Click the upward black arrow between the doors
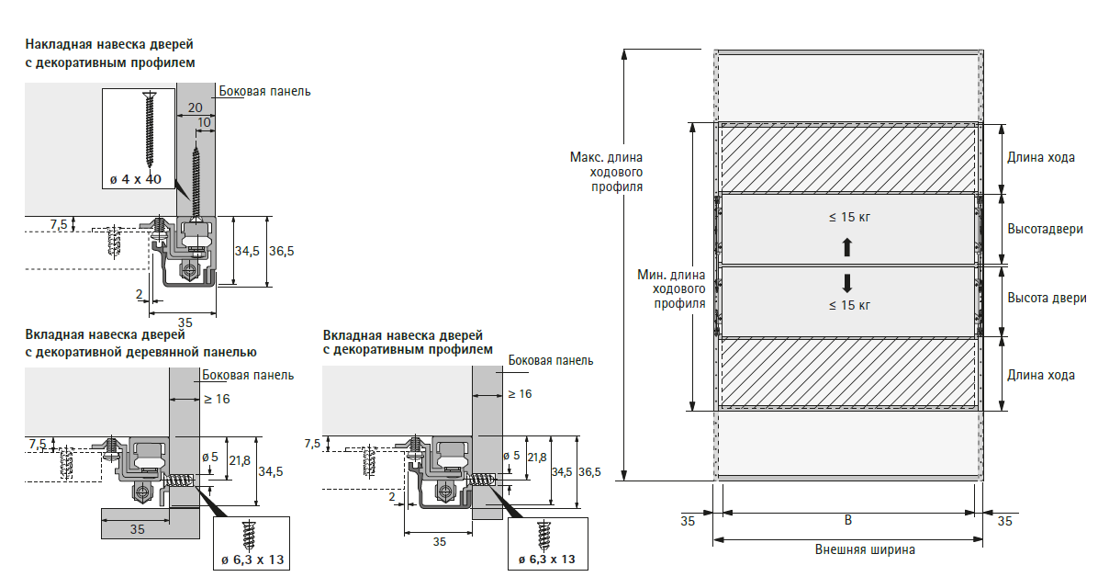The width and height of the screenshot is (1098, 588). click(x=847, y=247)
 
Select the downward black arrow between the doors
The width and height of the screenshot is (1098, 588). click(x=847, y=282)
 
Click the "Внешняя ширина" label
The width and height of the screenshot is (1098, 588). click(x=865, y=550)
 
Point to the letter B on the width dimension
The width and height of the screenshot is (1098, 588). click(x=848, y=520)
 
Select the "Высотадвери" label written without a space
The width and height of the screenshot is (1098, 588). click(x=1045, y=229)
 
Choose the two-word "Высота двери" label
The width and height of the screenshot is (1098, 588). click(x=1047, y=299)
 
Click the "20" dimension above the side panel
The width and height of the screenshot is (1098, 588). click(x=195, y=107)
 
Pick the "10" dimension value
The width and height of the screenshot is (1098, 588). click(x=204, y=122)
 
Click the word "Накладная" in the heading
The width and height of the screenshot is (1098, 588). click(x=58, y=44)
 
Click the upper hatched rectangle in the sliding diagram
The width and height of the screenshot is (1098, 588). click(x=846, y=159)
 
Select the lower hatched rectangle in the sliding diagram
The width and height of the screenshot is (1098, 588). click(x=846, y=371)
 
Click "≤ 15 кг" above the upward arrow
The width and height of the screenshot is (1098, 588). click(x=847, y=218)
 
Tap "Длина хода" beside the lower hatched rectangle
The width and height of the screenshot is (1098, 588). click(x=1040, y=375)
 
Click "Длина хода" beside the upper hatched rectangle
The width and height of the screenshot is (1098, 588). click(x=1040, y=157)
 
